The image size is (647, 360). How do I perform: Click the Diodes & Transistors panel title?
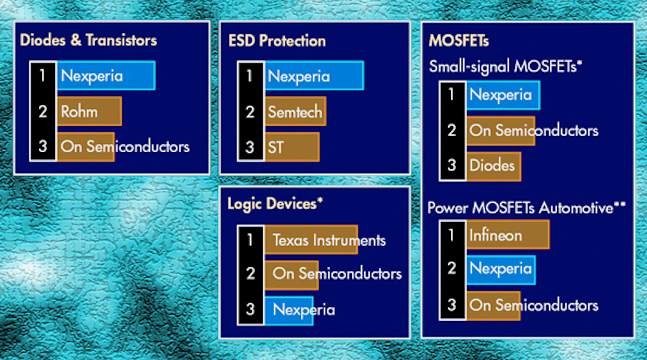88,40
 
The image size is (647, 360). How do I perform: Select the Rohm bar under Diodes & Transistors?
89,111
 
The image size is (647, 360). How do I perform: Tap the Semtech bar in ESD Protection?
296,111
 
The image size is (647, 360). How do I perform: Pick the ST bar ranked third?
292,147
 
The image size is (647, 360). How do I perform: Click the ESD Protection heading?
277,41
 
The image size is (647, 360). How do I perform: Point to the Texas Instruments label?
329,240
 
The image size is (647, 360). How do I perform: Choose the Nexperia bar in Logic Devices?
289,310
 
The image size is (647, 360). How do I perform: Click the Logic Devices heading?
275,203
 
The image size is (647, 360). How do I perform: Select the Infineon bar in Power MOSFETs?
508,234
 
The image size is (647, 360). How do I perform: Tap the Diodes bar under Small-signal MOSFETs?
494,166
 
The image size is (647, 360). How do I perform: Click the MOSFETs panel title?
459,41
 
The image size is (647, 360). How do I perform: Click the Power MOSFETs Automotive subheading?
527,208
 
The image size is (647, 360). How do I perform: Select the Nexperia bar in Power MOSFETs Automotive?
501,270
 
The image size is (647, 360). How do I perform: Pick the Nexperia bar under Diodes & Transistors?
106,76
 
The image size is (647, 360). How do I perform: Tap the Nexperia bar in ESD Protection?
314,76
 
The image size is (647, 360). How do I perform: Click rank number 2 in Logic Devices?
250,274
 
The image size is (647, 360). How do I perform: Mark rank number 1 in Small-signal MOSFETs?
452,95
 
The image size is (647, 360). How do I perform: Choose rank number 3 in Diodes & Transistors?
43,146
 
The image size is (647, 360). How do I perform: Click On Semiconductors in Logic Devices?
337,273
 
